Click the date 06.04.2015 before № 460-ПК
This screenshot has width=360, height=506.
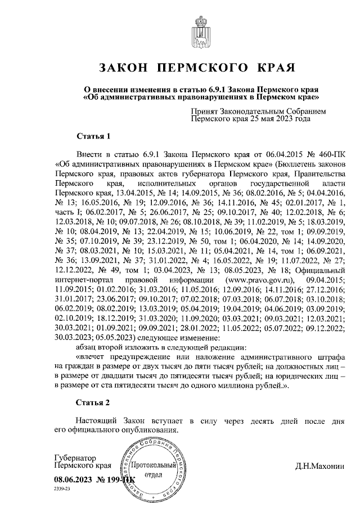tap(260, 154)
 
